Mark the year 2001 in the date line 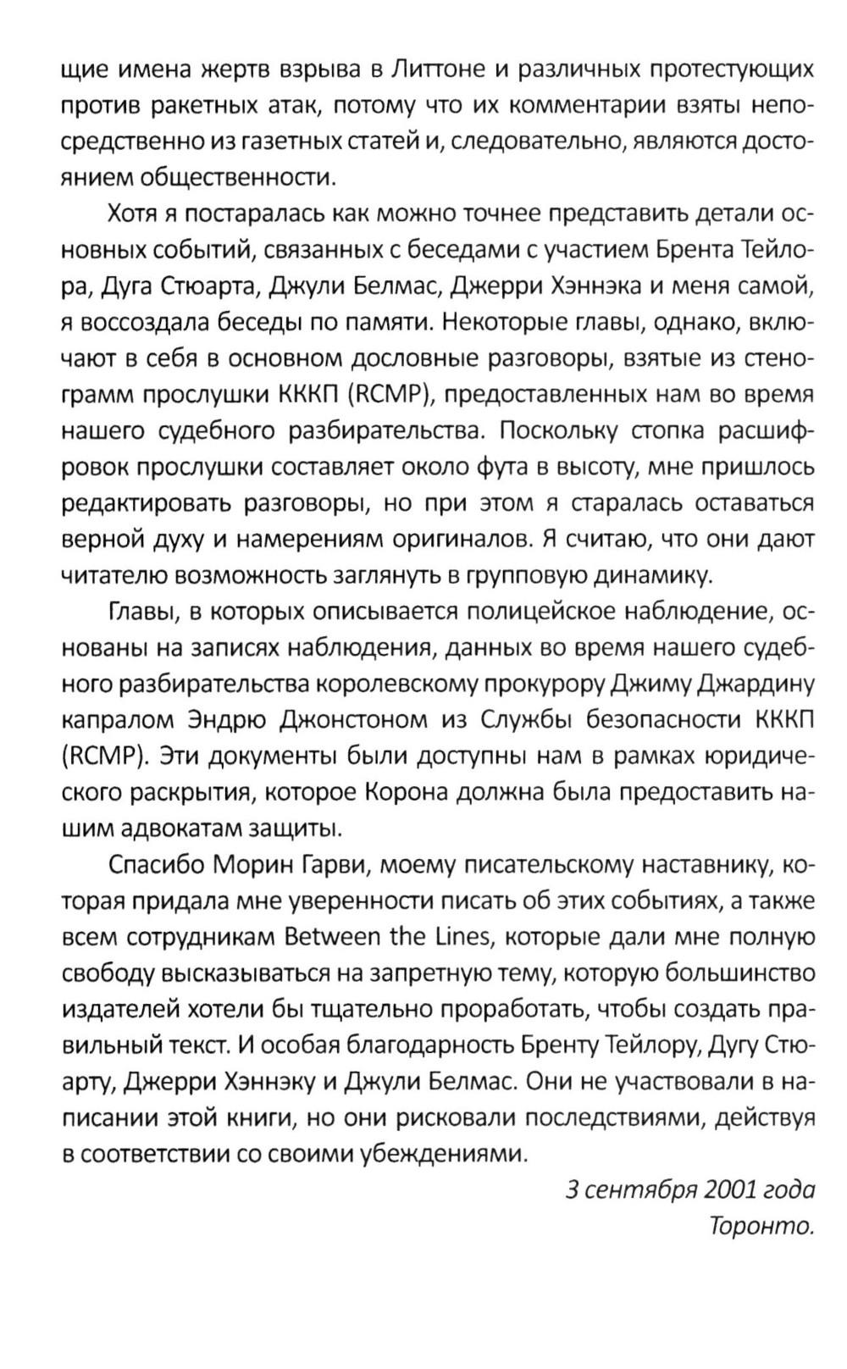click(x=730, y=1189)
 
